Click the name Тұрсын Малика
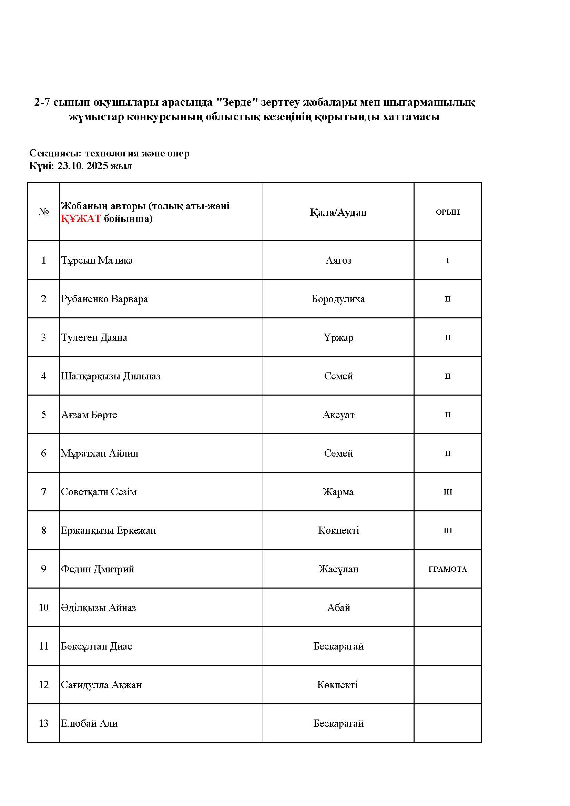tap(97, 260)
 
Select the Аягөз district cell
tap(338, 260)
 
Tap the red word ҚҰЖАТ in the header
tap(81, 218)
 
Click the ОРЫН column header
tap(448, 212)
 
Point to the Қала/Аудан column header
tap(338, 212)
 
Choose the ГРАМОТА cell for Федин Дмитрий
tap(448, 569)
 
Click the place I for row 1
tap(448, 261)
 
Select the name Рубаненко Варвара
tap(104, 299)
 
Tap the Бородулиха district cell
tap(338, 299)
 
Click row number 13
tap(43, 723)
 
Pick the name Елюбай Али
tap(89, 723)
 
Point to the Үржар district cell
tap(338, 337)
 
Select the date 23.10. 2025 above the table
tap(83, 166)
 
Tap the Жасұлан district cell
tap(338, 569)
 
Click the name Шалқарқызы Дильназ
tap(111, 376)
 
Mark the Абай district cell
tap(338, 608)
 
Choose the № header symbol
tap(43, 212)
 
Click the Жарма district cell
tap(338, 492)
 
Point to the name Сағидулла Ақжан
tap(101, 685)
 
